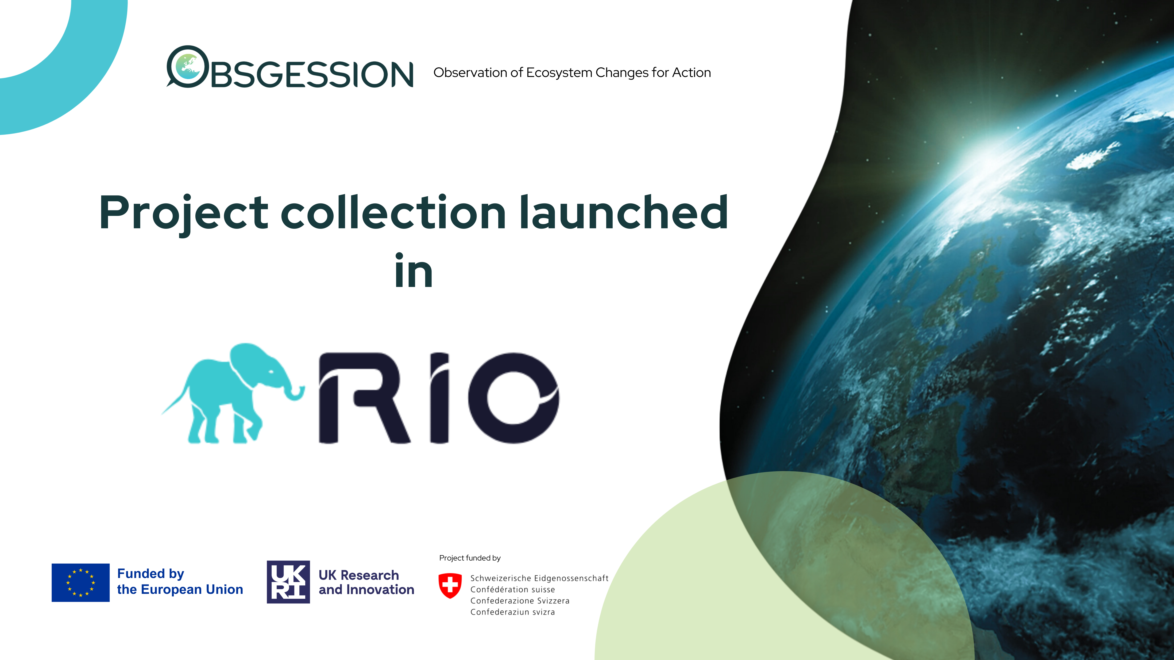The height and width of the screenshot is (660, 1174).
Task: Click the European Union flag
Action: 81,583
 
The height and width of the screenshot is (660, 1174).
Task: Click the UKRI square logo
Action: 288,582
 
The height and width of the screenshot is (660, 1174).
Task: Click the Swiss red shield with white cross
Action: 450,585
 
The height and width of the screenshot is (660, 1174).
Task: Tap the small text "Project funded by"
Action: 470,558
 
